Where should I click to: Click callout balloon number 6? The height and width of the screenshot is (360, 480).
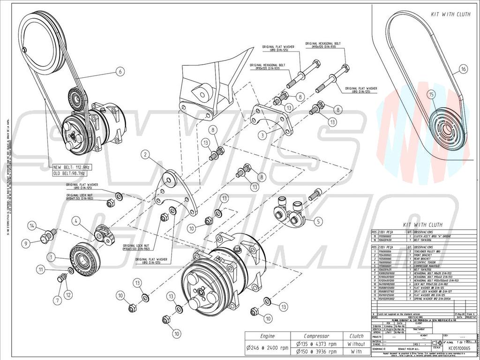pyautogui.click(x=120, y=72)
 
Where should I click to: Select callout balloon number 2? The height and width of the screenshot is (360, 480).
pyautogui.click(x=146, y=154)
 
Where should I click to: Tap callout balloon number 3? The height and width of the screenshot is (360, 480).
pyautogui.click(x=263, y=135)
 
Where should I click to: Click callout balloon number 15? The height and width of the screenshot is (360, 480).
pyautogui.click(x=431, y=94)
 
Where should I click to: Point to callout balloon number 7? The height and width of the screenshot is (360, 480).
pyautogui.click(x=58, y=300)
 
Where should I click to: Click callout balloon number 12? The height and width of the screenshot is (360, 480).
pyautogui.click(x=68, y=294)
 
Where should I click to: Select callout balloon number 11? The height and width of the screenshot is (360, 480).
pyautogui.click(x=42, y=270)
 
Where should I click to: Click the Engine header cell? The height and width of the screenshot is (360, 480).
pyautogui.click(x=267, y=336)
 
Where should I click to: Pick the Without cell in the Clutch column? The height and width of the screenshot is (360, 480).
pyautogui.click(x=356, y=344)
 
